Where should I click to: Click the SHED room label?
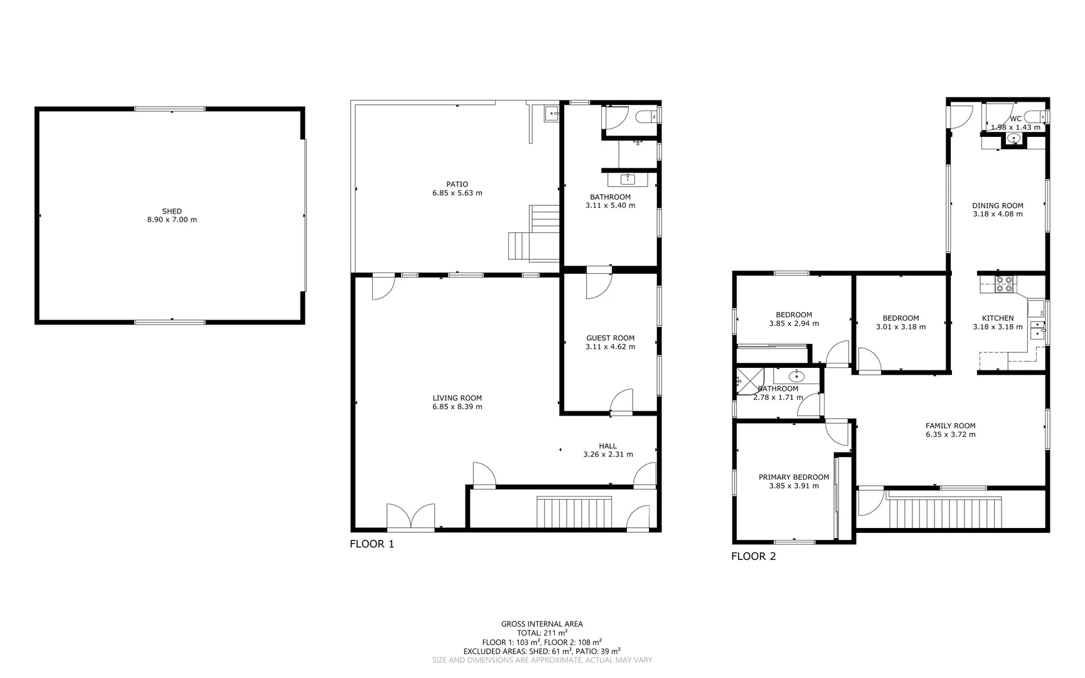pos(172,212)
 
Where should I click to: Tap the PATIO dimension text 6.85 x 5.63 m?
pos(457,193)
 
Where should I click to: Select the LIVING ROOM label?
pos(457,398)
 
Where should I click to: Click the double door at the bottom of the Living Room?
pos(410,517)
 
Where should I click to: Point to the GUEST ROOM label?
pos(610,338)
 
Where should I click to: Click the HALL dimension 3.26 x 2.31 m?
pos(607,455)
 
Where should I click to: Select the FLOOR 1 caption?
pos(371,544)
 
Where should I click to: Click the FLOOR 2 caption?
pos(753,556)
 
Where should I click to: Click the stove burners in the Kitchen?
pos(1004,284)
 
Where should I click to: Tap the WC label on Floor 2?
pos(1015,119)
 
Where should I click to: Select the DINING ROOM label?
pos(997,205)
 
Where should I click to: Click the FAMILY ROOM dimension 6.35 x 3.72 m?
pos(950,434)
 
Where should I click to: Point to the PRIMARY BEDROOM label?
pos(793,477)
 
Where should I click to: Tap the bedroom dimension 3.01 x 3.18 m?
pos(900,327)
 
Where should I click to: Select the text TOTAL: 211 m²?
pos(542,633)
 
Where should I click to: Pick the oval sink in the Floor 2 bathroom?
pos(796,377)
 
